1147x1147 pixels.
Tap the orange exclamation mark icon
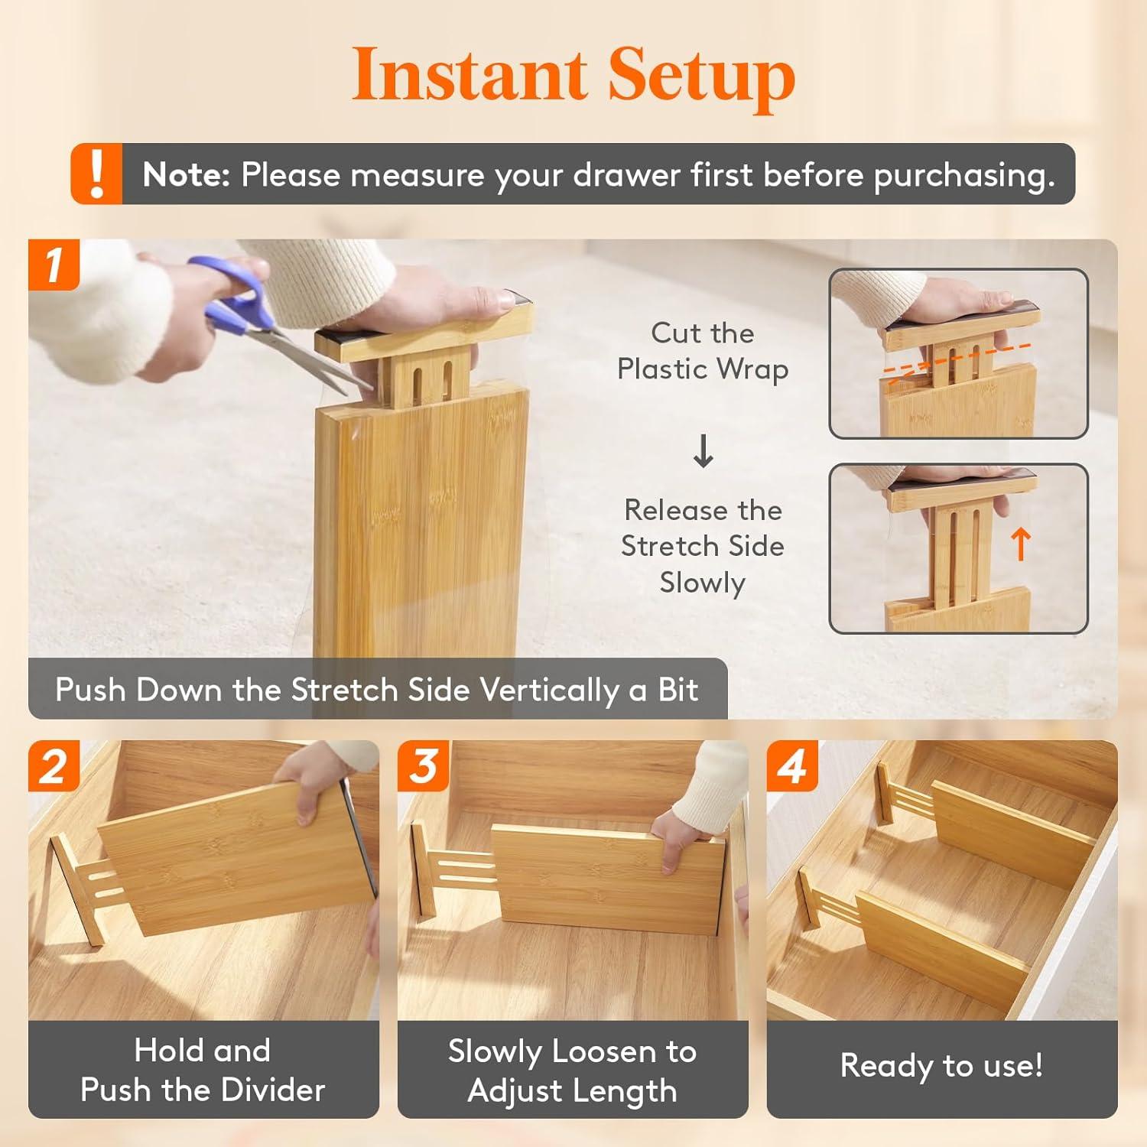pos(96,174)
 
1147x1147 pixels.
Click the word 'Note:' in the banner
pos(186,175)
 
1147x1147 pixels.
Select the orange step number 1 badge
pos(54,265)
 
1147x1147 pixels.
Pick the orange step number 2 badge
pos(54,765)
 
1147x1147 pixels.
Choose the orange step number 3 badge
pos(423,765)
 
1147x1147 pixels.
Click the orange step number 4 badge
pos(792,765)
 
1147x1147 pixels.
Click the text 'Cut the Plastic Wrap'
pos(702,351)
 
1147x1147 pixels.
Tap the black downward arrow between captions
pos(703,451)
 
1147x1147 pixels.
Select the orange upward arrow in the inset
pos(1020,544)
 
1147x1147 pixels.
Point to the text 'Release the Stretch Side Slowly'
pos(702,546)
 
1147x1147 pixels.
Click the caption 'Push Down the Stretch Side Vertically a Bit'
pos(376,690)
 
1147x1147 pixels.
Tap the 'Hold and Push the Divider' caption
pos(203,1070)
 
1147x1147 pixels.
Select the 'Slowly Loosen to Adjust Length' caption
pos(572,1071)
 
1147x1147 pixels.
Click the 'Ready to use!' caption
pos(941,1065)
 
